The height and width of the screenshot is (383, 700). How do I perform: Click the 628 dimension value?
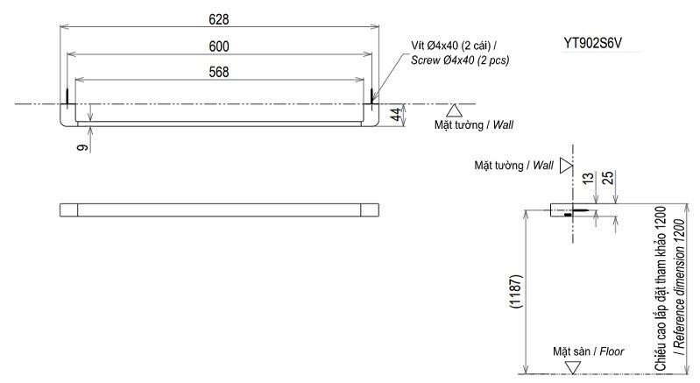(220, 18)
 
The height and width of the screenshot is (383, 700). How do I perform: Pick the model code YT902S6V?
(600, 42)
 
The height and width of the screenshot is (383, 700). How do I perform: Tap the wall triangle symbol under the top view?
(454, 110)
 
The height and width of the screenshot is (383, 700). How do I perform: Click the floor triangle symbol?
(573, 367)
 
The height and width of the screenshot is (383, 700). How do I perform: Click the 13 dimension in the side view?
(587, 180)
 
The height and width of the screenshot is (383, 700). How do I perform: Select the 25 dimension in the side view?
(607, 180)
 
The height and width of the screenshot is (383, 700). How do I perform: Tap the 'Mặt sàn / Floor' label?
(588, 351)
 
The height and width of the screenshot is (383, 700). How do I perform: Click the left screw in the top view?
(68, 94)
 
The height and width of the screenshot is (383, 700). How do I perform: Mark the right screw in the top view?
(371, 94)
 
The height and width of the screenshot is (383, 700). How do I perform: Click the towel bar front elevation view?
(220, 209)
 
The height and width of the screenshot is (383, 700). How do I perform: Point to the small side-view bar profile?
(561, 211)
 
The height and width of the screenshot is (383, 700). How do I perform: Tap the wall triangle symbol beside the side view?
(566, 165)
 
